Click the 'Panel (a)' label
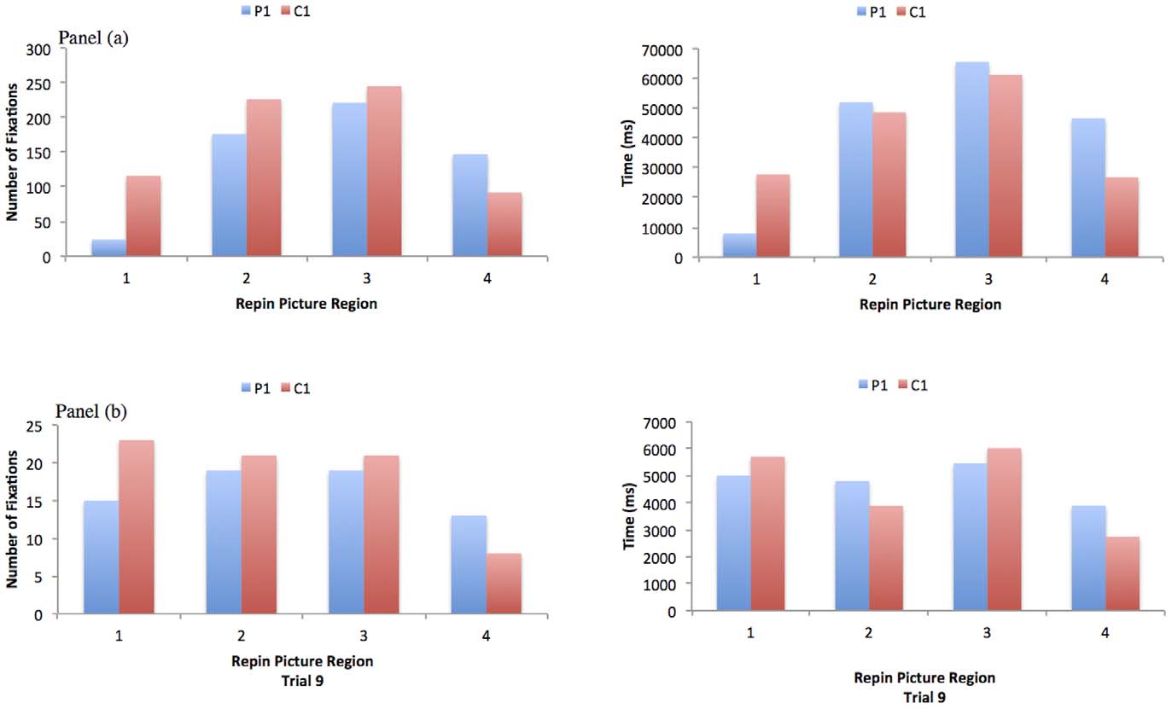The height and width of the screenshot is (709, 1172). tap(92, 38)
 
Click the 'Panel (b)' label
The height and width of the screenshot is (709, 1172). tap(91, 411)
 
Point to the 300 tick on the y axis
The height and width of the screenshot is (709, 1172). tap(39, 49)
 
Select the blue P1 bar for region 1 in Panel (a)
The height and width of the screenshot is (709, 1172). tap(108, 247)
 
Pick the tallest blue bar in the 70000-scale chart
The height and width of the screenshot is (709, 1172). tap(971, 159)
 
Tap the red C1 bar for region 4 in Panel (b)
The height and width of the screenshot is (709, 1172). tap(504, 584)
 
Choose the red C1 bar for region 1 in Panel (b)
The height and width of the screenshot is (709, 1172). tap(137, 526)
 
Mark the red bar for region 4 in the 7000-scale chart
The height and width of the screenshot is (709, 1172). tap(1122, 573)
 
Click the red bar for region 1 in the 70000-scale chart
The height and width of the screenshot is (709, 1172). tap(773, 215)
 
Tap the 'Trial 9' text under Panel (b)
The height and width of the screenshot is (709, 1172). tap(300, 677)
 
